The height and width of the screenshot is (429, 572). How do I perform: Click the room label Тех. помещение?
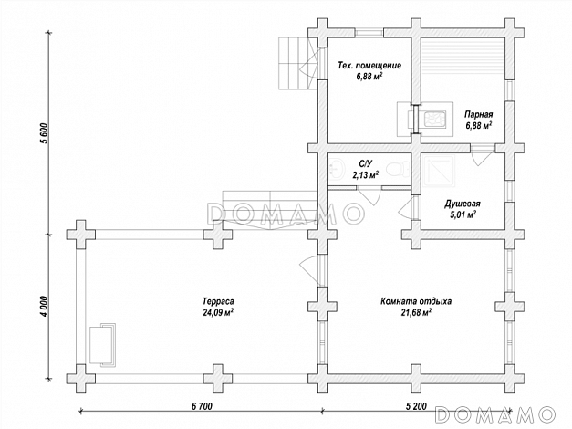pos(369,66)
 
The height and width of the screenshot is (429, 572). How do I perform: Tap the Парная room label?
pos(478,113)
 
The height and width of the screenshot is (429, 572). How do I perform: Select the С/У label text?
pos(365,163)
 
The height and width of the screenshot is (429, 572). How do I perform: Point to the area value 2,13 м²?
pos(365,173)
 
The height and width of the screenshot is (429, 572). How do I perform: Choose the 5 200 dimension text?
pos(414,403)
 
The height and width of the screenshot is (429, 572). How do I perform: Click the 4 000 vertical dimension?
pos(43,304)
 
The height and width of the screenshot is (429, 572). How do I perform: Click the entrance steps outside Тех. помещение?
pos(293,61)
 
